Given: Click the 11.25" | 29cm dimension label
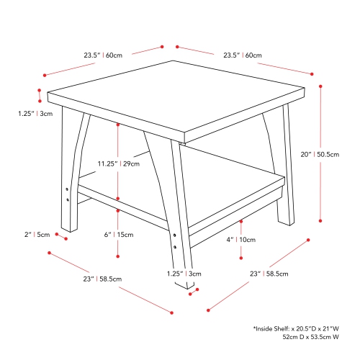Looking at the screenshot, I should (118, 163).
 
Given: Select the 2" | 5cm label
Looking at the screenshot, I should (37, 235).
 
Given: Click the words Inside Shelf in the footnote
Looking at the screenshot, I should (277, 328).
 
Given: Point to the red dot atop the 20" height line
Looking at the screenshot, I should (321, 84).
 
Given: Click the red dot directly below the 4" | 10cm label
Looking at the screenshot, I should (241, 257).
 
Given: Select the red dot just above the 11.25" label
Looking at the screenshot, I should (117, 123).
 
